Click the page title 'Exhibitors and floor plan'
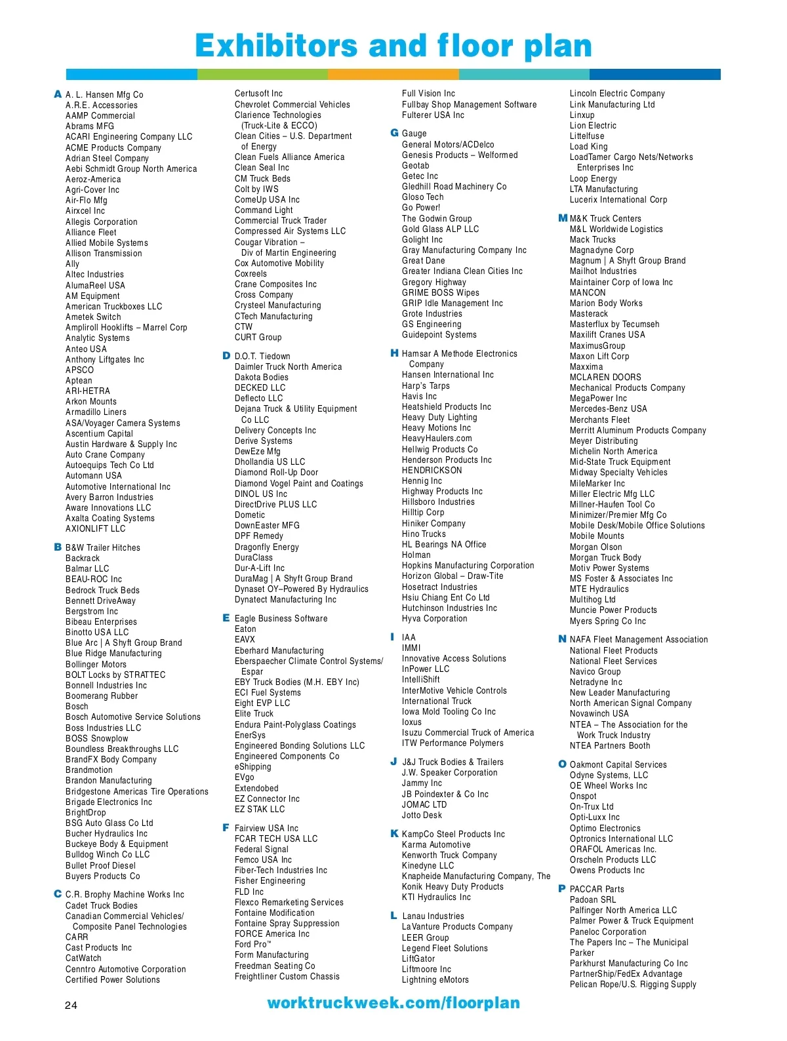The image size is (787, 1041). [x=393, y=46]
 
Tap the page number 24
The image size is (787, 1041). [x=71, y=1005]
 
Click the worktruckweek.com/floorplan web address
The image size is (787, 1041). [x=393, y=1003]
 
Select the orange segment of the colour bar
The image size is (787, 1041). [x=393, y=74]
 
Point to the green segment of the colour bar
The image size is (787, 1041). [x=262, y=74]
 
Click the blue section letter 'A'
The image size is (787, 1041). [x=58, y=94]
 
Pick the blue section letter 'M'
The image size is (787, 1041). [x=562, y=218]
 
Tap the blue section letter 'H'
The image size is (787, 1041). [x=394, y=353]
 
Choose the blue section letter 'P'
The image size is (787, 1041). [x=561, y=889]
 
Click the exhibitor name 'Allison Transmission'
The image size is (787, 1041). [x=104, y=254]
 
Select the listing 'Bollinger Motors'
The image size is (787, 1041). [x=96, y=664]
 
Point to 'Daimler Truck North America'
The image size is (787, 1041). [x=288, y=367]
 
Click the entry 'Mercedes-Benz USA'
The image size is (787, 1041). [x=608, y=409]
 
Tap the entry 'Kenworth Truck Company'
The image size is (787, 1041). [x=449, y=855]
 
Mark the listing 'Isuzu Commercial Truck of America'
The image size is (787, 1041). [x=468, y=733]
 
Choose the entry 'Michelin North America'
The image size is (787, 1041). [x=613, y=452]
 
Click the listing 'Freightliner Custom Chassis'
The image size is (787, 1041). [x=287, y=977]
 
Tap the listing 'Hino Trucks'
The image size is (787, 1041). [x=424, y=534]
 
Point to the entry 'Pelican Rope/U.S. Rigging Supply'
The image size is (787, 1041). [x=633, y=985]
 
